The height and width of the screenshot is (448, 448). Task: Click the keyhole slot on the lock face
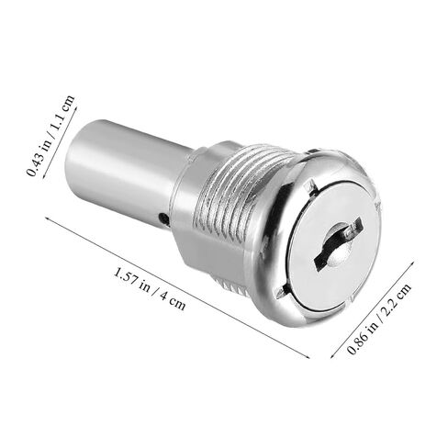click(338, 243)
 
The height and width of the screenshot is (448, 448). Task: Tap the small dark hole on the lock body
click(162, 218)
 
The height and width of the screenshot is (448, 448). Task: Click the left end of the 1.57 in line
click(46, 218)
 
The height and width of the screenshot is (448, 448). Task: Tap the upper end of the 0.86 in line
click(413, 263)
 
